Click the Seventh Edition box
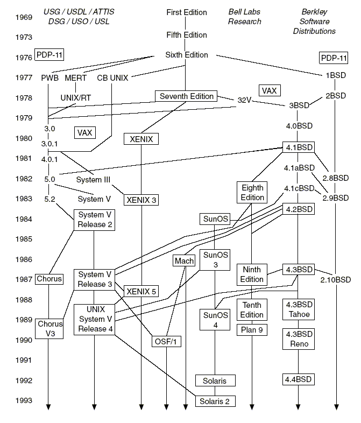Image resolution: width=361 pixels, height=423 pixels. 186,96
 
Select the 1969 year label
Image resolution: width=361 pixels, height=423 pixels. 23,17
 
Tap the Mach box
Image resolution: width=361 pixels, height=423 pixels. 183,261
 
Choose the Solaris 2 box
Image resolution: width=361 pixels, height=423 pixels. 215,401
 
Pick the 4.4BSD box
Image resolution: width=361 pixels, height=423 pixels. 298,379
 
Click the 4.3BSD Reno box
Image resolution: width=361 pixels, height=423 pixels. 298,339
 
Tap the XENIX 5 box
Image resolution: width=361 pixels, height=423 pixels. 141,291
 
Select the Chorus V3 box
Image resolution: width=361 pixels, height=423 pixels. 50,329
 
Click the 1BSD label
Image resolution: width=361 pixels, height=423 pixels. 336,76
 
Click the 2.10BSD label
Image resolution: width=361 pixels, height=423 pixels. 335,280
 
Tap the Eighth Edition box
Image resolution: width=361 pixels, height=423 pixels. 252,193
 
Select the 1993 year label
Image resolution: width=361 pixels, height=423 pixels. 23,400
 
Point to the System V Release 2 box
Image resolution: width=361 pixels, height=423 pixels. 95,220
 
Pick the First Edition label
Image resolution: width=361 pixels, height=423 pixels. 186,12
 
